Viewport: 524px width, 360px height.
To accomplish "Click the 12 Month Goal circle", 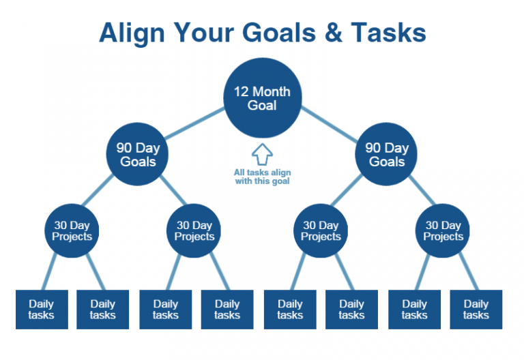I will tap(262, 99).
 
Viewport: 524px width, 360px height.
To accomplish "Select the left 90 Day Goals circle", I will tap(138, 155).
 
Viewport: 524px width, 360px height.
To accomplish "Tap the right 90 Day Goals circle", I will tap(387, 155).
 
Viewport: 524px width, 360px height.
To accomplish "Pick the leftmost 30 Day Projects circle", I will tap(72, 231).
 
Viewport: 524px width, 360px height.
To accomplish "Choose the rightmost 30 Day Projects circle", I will tap(443, 231).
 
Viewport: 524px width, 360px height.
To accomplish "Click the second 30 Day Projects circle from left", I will tap(194, 231).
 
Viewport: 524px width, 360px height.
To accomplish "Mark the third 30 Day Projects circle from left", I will tap(321, 231).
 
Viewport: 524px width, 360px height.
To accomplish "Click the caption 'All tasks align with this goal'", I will tap(262, 177).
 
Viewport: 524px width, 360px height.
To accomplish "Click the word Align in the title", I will tap(134, 32).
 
